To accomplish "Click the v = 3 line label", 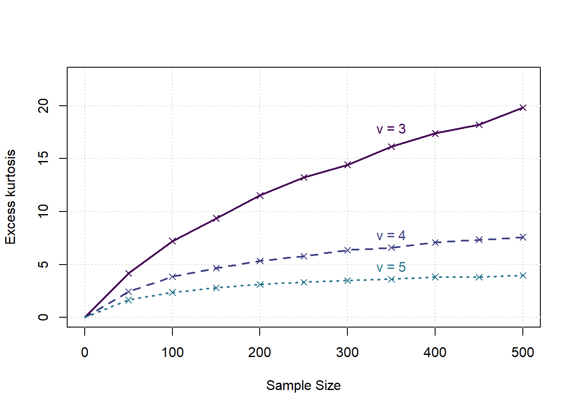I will tap(391, 129).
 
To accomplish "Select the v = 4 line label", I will tap(391, 235).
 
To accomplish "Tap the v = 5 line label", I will tap(391, 267).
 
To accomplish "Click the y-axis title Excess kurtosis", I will tap(10, 197).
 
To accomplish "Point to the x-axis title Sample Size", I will tap(303, 385).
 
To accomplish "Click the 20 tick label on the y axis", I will tap(43, 106).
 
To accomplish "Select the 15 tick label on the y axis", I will tap(43, 158).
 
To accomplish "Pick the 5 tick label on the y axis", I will tap(43, 265).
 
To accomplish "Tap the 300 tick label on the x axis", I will tap(347, 352).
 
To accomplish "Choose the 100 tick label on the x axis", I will tap(172, 352).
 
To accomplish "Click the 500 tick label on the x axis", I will tap(522, 352).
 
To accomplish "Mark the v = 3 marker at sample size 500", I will tap(522, 107).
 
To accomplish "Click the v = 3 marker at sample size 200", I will tap(260, 196).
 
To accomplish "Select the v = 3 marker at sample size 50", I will tap(128, 273).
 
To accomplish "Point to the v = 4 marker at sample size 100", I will tap(172, 277).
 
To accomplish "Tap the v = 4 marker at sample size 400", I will tap(435, 242).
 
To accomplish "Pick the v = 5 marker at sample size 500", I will tap(522, 275).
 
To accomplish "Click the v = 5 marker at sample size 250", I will tap(304, 282).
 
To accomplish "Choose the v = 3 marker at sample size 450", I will tap(479, 125).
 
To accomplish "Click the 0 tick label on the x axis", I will tap(85, 352).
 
